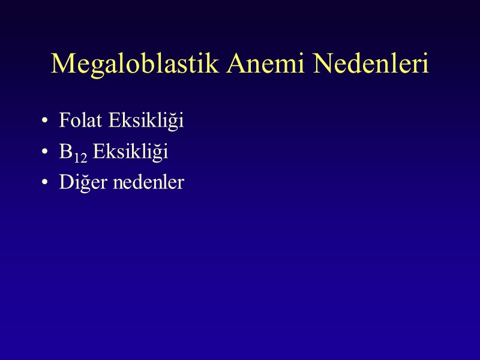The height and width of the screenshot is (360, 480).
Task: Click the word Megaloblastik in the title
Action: [136, 64]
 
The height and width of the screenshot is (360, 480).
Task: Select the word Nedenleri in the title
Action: [370, 64]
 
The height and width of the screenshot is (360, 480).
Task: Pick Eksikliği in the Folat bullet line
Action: [146, 122]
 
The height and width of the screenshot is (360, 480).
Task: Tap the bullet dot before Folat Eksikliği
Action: [46, 122]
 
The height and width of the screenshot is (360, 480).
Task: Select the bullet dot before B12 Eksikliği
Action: [46, 153]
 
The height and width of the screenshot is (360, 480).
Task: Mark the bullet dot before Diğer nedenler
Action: [46, 184]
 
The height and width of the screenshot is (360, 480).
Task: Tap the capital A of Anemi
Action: [236, 64]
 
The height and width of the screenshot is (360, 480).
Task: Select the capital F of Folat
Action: [64, 121]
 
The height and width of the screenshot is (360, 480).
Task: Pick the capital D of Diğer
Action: [65, 182]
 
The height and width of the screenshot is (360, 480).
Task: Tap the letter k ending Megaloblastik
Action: [215, 64]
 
